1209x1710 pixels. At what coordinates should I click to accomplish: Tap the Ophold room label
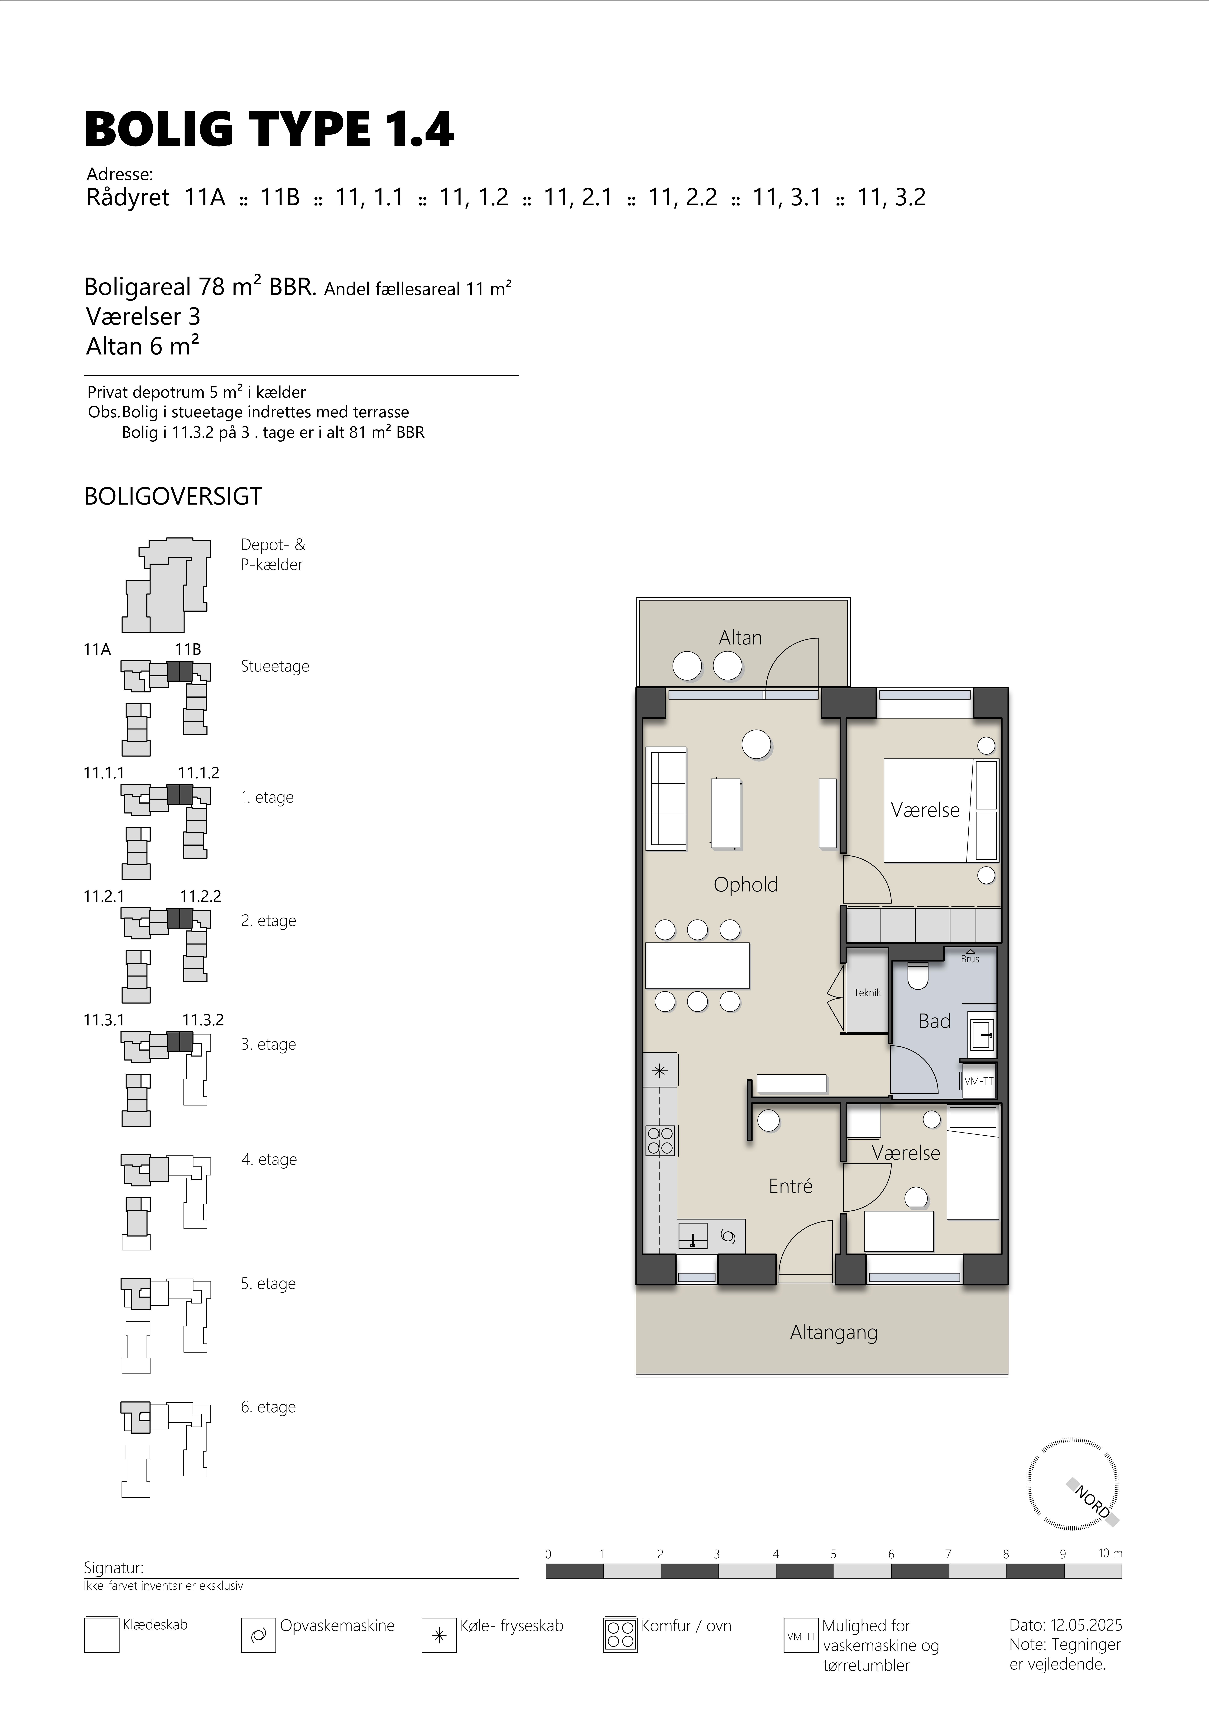[x=746, y=885]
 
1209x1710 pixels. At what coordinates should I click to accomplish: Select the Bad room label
[x=934, y=1021]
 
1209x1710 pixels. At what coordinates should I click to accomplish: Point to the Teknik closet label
[x=867, y=993]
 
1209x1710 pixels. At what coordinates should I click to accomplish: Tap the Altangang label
[x=834, y=1332]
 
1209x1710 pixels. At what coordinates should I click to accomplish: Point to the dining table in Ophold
[x=697, y=965]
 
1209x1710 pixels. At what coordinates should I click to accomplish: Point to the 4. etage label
[x=269, y=1160]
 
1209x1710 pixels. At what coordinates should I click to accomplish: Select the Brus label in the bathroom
[x=970, y=959]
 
